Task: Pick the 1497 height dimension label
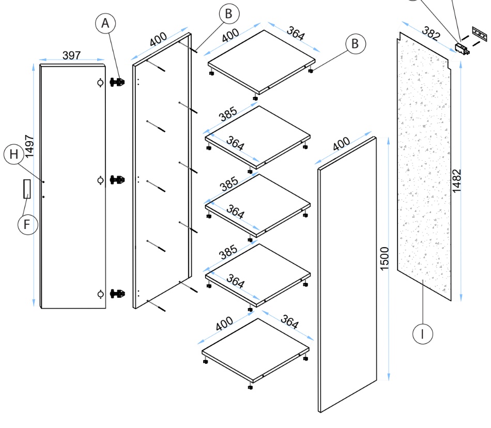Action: click(29, 146)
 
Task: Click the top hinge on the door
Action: click(118, 82)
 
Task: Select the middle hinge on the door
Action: click(118, 180)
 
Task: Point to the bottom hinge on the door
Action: click(118, 294)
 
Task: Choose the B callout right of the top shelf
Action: click(355, 44)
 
